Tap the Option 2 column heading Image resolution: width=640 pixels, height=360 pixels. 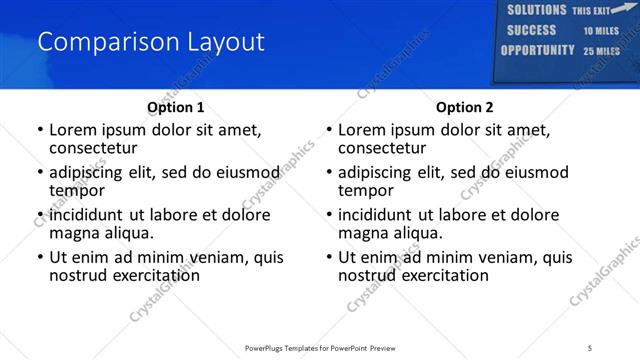pos(464,107)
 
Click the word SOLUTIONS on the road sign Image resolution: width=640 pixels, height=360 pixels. pos(536,10)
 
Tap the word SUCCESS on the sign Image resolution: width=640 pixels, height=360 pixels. pos(532,30)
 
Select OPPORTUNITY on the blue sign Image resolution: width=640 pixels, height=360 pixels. pos(537,50)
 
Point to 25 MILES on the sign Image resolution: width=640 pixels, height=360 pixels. pos(602,51)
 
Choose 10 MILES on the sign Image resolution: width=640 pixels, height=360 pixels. pos(602,31)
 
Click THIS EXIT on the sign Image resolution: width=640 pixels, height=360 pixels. pos(590,11)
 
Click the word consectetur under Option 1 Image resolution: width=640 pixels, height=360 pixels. pos(93,148)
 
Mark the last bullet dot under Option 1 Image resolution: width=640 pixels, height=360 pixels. pos(39,257)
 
